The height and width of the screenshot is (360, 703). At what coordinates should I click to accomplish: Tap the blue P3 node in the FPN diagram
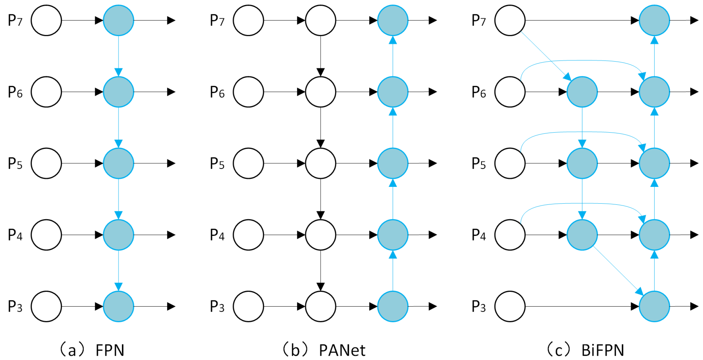pyautogui.click(x=118, y=306)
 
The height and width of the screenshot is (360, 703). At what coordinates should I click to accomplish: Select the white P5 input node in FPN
pyautogui.click(x=46, y=163)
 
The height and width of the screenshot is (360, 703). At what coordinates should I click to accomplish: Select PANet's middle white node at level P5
pyautogui.click(x=320, y=163)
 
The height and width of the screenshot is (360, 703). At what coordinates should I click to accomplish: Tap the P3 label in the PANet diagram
pyautogui.click(x=217, y=306)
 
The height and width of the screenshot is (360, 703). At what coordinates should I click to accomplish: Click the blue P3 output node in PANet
pyautogui.click(x=392, y=306)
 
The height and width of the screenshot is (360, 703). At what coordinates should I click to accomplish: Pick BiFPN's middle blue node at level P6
pyautogui.click(x=582, y=92)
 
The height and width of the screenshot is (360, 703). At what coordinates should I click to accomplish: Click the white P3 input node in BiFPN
pyautogui.click(x=510, y=306)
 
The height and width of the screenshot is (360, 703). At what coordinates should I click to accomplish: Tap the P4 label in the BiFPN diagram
pyautogui.click(x=479, y=235)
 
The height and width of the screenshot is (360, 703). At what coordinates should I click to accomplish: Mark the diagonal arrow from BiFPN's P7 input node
pyautogui.click(x=546, y=56)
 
